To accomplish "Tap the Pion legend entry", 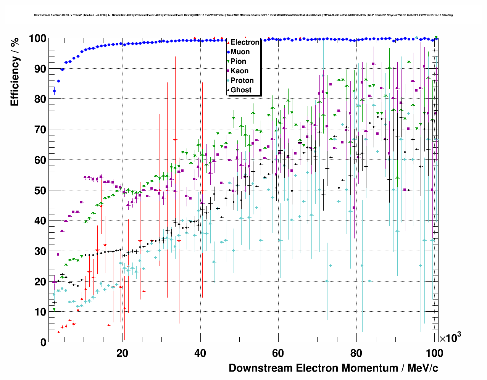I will (x=238, y=61).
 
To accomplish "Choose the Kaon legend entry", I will (x=239, y=71).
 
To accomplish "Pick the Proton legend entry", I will (x=242, y=81).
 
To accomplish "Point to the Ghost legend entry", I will (x=241, y=90).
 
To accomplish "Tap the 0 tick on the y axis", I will (x=43, y=342).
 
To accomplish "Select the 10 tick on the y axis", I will (x=40, y=312).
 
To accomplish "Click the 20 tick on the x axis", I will (x=123, y=353).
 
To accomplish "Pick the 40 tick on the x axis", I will (x=200, y=353).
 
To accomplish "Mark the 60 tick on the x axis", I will (x=278, y=353).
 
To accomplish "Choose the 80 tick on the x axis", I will (x=356, y=353).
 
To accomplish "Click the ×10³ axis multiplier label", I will (x=450, y=337).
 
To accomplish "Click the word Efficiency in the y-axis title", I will (x=15, y=81).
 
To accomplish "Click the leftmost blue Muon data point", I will (x=54, y=91).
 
